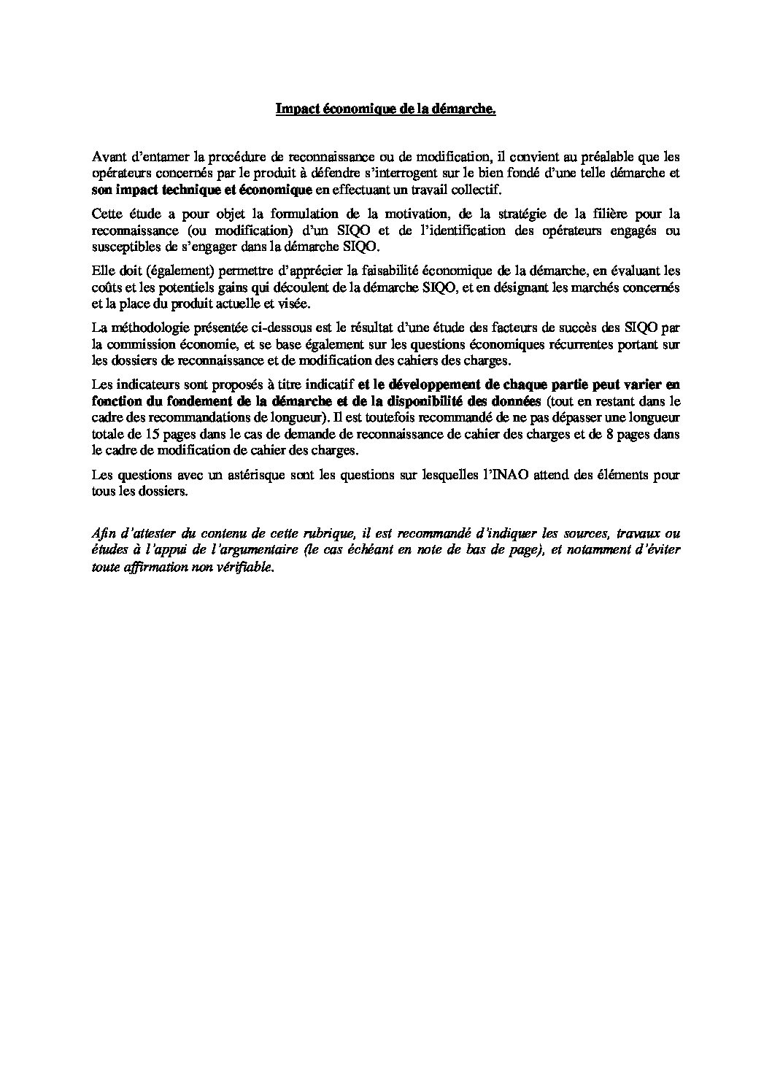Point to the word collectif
tap(477, 190)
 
